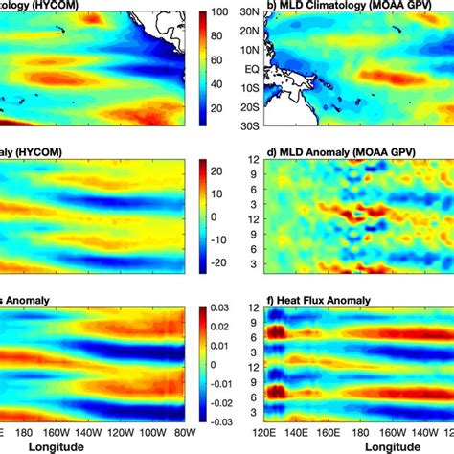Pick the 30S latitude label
tap(249, 126)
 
